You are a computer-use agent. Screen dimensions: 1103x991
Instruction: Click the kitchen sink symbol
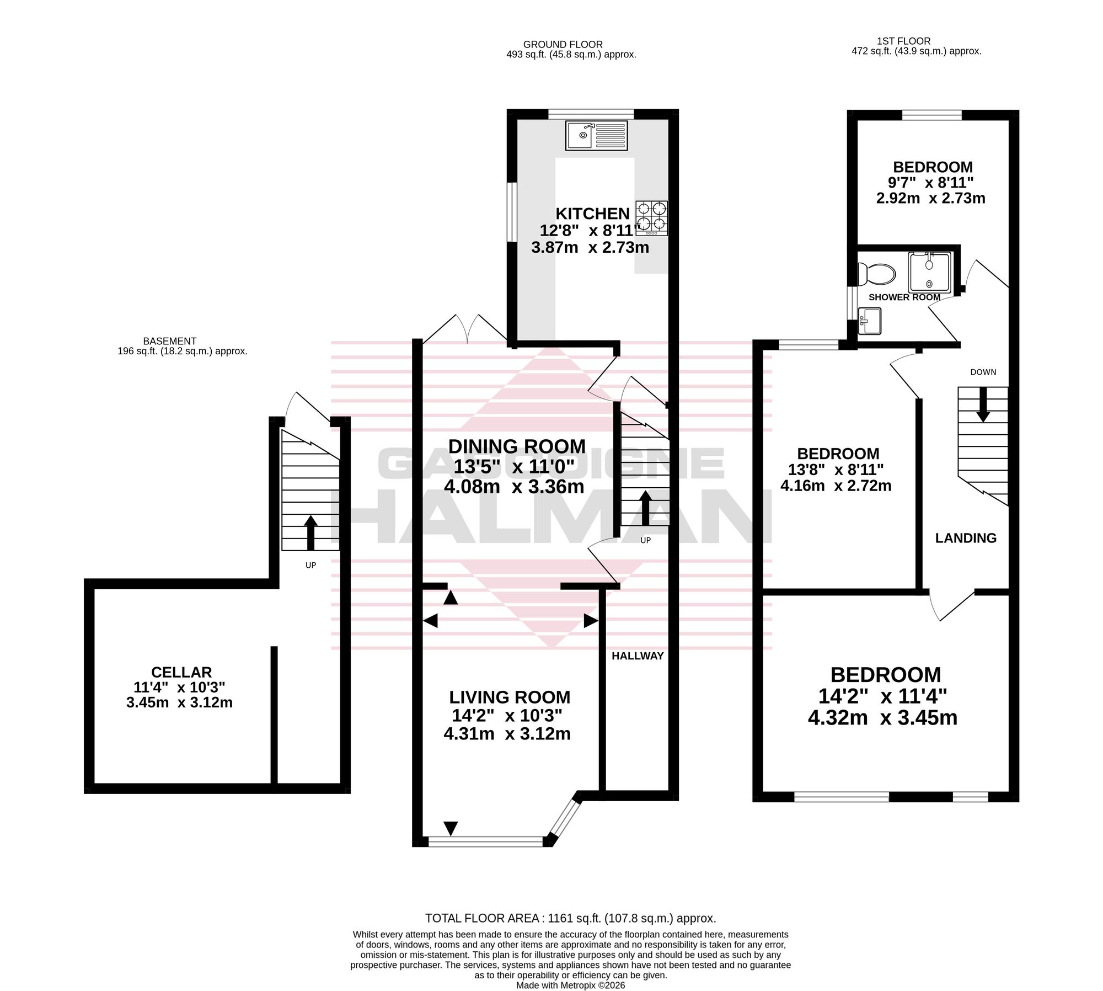point(596,135)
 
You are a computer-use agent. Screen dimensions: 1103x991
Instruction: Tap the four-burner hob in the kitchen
point(652,218)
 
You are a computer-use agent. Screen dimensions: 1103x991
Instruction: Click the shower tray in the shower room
point(929,272)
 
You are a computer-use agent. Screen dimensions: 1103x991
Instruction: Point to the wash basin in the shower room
point(870,321)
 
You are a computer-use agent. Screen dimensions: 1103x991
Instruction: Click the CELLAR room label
point(181,672)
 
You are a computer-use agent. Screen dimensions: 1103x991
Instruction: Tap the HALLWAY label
point(638,656)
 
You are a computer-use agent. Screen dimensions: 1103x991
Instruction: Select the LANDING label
point(966,538)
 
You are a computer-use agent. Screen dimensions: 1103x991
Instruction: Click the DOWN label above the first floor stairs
point(983,372)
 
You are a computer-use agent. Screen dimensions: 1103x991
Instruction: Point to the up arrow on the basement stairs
point(310,532)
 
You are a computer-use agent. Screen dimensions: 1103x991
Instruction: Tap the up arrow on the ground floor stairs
point(644,508)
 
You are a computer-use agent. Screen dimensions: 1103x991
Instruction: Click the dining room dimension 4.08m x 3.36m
point(513,487)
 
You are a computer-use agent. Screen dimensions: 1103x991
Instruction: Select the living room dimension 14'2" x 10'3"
point(507,716)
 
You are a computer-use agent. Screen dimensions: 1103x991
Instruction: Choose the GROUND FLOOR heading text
point(563,45)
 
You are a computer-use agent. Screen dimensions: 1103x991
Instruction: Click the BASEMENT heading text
point(170,341)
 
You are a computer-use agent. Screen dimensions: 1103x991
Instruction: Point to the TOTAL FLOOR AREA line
point(570,919)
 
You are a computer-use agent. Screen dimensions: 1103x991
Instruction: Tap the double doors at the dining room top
point(465,328)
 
